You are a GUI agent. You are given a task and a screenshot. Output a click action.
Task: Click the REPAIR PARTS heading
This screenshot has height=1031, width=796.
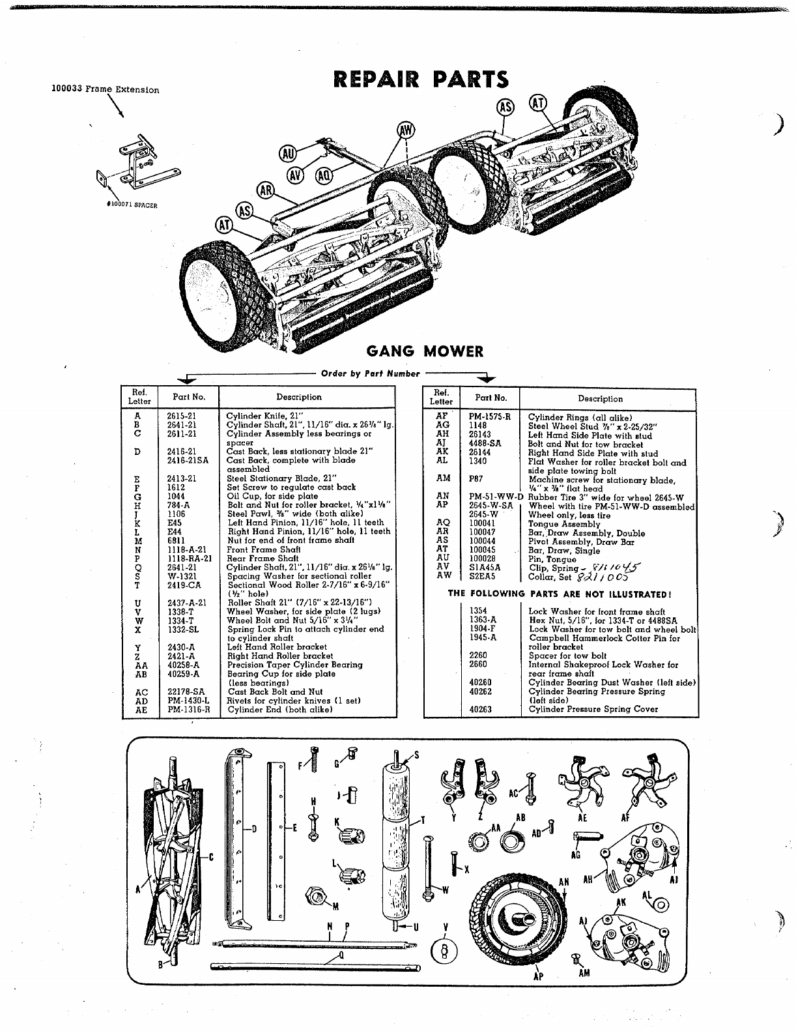click(419, 80)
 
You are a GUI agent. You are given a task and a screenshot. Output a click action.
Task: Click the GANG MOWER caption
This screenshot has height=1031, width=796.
click(425, 351)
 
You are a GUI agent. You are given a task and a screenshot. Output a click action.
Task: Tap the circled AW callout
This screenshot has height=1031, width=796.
click(405, 131)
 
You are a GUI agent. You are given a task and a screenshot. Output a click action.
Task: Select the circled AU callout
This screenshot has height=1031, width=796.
click(287, 154)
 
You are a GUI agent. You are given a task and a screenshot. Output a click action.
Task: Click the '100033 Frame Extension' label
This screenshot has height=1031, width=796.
click(105, 89)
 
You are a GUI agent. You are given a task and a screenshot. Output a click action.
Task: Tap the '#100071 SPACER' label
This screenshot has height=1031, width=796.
click(132, 205)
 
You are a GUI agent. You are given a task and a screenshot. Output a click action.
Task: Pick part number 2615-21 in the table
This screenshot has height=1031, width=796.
click(181, 416)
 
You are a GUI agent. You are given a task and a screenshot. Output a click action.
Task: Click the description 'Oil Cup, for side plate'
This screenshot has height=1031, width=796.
click(272, 496)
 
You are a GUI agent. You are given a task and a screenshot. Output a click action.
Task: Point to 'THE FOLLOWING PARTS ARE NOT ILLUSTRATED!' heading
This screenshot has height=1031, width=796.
click(560, 594)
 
